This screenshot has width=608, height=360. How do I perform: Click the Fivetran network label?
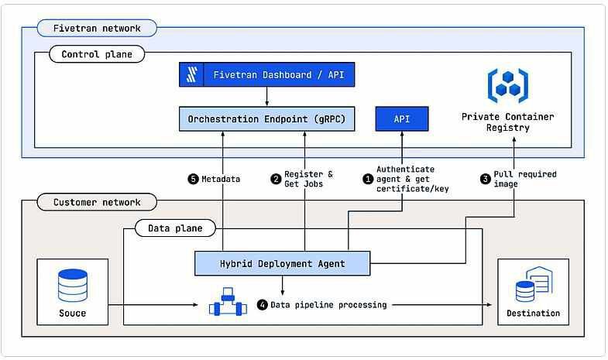tap(97, 29)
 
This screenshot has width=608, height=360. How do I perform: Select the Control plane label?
tap(97, 54)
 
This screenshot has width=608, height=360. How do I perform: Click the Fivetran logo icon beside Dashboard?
tap(191, 75)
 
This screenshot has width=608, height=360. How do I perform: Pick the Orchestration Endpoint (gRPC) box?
tap(267, 119)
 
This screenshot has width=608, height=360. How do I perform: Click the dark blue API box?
tap(401, 119)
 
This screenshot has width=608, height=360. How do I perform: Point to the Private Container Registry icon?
tap(507, 85)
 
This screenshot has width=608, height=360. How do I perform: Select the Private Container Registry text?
tap(507, 122)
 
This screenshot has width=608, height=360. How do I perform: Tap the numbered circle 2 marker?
tap(276, 179)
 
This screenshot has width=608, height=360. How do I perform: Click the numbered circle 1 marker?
tap(368, 179)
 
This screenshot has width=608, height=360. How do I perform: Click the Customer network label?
tap(97, 203)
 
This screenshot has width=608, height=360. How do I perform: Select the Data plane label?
tap(175, 228)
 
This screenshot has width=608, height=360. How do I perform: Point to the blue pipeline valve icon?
tap(228, 303)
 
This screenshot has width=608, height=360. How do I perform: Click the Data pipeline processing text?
tap(328, 305)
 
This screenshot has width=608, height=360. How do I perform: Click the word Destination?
tap(533, 314)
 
